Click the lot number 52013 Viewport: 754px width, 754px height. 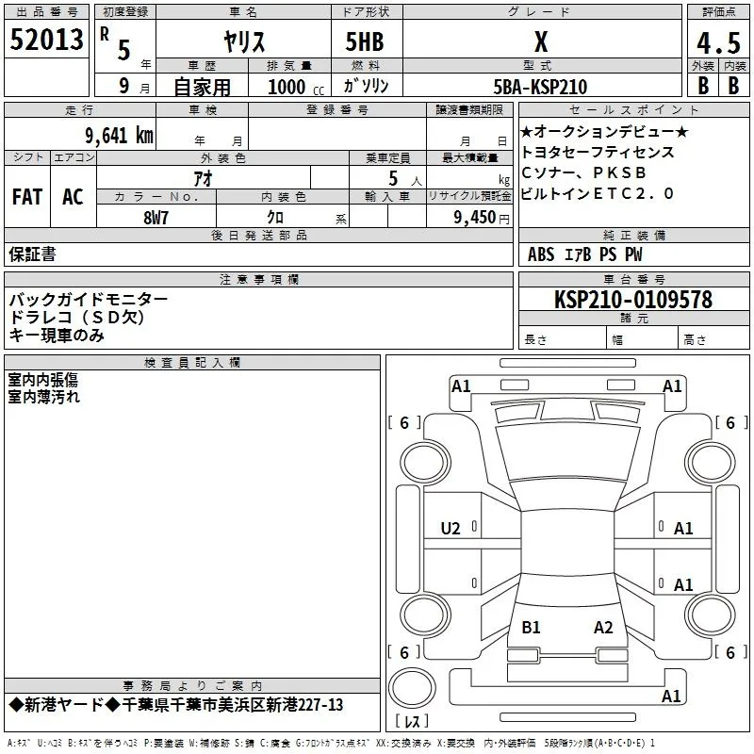[x=46, y=41]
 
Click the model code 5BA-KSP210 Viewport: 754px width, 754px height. [x=540, y=87]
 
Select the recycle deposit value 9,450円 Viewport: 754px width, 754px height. [x=482, y=217]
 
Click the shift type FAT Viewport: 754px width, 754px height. [x=26, y=197]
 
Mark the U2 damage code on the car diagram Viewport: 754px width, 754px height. [x=451, y=529]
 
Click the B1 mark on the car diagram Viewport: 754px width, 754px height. [x=531, y=627]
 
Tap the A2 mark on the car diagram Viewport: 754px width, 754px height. [x=603, y=627]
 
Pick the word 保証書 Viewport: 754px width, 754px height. [x=32, y=254]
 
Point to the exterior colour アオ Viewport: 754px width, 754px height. [x=202, y=178]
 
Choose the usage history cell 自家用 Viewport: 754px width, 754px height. [x=202, y=87]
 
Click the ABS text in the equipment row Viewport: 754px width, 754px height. [x=541, y=254]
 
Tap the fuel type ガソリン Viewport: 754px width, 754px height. [x=368, y=86]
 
